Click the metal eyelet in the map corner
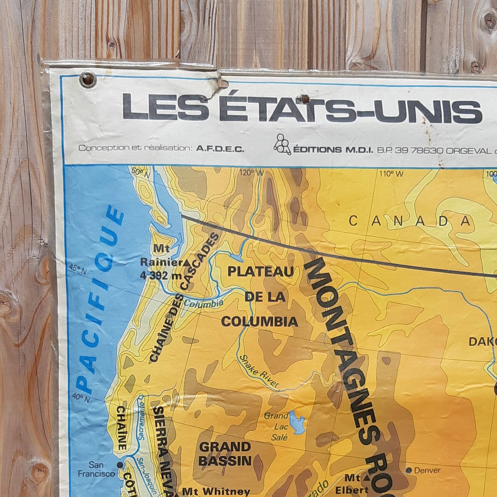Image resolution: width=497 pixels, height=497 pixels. (x=88, y=79)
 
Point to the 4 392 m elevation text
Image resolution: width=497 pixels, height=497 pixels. (x=159, y=276)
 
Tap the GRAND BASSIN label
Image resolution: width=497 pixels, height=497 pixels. (x=225, y=454)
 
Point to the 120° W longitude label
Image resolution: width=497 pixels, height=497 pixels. (x=251, y=173)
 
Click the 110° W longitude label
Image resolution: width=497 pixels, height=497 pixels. (x=391, y=174)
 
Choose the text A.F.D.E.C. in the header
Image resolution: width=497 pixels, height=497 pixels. (x=220, y=149)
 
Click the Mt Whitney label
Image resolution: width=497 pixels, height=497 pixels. (x=216, y=491)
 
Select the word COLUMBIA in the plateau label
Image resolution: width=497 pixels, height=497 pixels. (x=259, y=322)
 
